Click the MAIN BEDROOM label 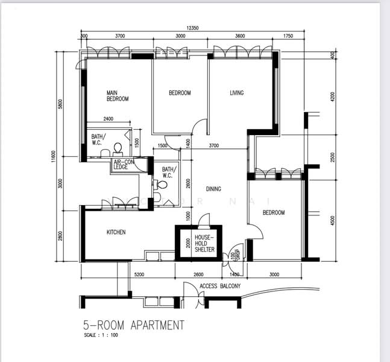pos(117,95)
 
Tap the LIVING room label pos(236,93)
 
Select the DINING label pos(213,189)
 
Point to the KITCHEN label pos(116,232)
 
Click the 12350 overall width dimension pos(192,28)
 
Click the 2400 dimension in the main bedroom pos(109,118)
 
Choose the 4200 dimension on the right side pos(332,97)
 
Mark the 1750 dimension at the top pos(287,36)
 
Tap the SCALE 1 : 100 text pos(100,335)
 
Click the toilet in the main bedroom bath pos(118,148)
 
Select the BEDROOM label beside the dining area pos(273,213)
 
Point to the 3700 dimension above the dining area pos(213,146)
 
